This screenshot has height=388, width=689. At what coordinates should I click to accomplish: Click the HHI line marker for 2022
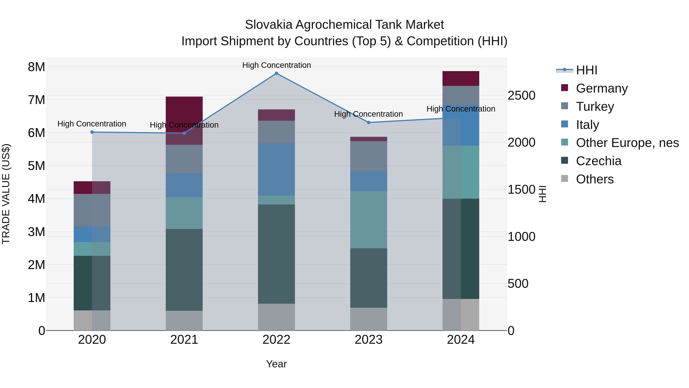click(276, 73)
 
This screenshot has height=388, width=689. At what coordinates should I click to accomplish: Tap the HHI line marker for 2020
click(92, 132)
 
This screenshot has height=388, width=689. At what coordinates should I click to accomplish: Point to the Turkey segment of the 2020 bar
click(92, 210)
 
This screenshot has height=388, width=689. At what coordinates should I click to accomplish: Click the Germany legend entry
click(602, 88)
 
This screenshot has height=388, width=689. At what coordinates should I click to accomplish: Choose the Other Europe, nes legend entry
click(627, 143)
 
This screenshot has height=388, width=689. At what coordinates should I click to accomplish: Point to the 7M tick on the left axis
click(37, 100)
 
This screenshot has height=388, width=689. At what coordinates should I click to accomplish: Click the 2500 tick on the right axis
click(521, 96)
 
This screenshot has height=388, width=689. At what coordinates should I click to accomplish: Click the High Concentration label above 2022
click(276, 65)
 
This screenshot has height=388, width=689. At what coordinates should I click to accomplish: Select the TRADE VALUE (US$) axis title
click(6, 194)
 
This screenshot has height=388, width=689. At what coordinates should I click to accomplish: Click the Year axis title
click(276, 364)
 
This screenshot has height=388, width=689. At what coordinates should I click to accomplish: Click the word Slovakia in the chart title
click(268, 25)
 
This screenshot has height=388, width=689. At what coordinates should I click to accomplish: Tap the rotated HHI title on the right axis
click(542, 194)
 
